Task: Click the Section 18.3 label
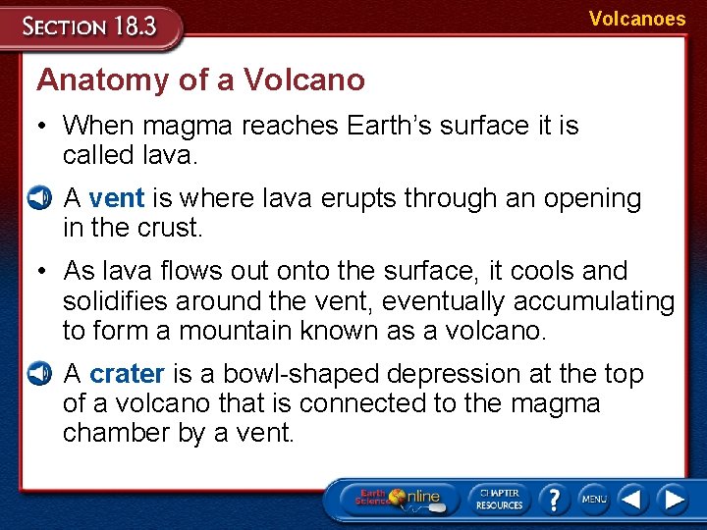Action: [90, 26]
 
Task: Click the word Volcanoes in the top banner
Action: [637, 19]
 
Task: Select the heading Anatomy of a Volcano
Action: [200, 79]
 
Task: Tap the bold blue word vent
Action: [117, 198]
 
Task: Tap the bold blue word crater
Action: [128, 374]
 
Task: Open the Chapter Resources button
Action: [499, 499]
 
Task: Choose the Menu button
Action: [593, 499]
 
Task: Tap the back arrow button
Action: [633, 499]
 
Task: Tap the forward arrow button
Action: [673, 499]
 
